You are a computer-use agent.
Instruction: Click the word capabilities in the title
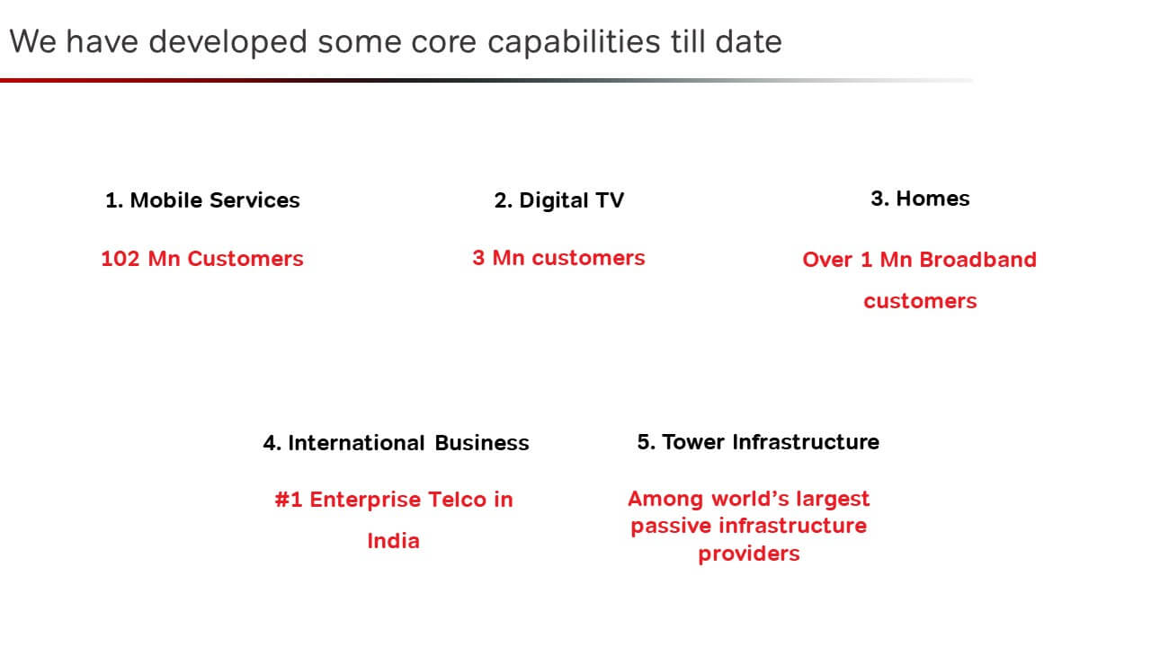(574, 42)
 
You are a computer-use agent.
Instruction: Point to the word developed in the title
(228, 41)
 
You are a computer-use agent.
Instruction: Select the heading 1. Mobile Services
(202, 200)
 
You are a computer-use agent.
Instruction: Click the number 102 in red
(120, 259)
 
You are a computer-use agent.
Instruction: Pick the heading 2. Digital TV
(559, 200)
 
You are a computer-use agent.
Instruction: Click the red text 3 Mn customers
(558, 258)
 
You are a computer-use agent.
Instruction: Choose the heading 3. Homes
(920, 199)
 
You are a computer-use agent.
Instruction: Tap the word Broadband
(977, 260)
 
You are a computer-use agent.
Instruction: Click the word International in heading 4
(356, 443)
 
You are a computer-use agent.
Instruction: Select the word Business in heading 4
(481, 443)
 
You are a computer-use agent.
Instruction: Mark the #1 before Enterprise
(289, 500)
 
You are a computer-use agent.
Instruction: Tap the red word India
(394, 541)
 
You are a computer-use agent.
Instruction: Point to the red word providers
(749, 554)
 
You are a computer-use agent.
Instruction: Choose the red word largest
(833, 499)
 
